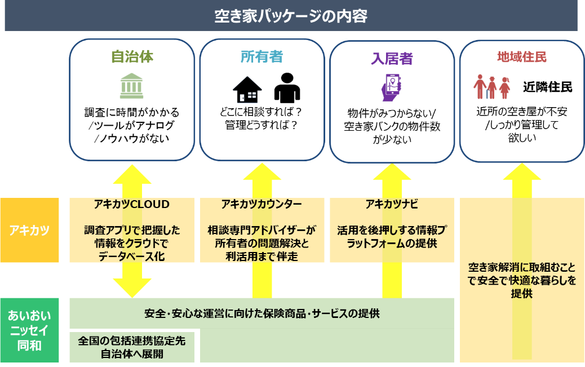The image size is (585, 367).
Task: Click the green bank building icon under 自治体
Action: [131, 85]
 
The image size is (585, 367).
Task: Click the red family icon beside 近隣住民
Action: [491, 87]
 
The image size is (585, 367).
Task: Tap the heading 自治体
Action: [132, 57]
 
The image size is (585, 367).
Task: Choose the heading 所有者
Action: [262, 57]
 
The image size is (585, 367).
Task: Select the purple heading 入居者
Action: [392, 59]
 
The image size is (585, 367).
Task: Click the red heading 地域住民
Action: [521, 57]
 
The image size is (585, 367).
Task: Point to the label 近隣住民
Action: [547, 87]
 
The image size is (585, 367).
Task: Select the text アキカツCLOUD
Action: [132, 204]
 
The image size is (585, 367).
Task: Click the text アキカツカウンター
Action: [262, 204]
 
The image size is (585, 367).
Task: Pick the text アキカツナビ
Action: [392, 204]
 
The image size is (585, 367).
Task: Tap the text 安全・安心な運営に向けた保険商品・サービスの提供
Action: [262, 313]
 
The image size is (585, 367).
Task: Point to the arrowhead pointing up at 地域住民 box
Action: [521, 172]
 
